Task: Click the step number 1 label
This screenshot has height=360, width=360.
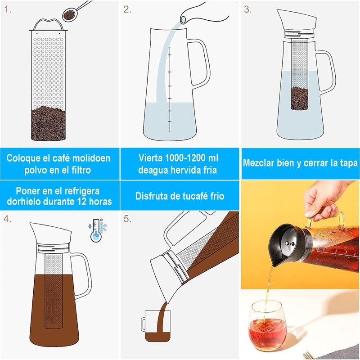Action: pyautogui.click(x=8, y=9)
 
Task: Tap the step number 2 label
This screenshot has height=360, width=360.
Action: pyautogui.click(x=127, y=9)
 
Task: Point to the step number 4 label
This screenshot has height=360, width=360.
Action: pyautogui.click(x=7, y=219)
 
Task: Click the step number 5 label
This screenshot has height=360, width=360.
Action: pyautogui.click(x=127, y=219)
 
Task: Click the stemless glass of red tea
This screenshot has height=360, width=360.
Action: pyautogui.click(x=268, y=325)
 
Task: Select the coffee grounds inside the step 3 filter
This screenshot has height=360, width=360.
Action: pyautogui.click(x=300, y=98)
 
